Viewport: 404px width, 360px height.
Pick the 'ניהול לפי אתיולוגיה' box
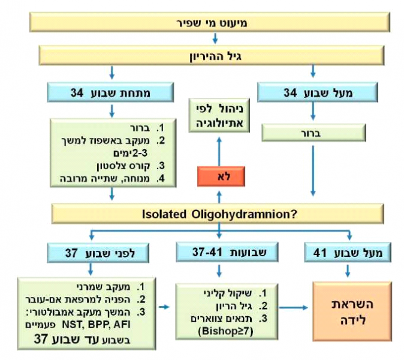[x=218, y=116]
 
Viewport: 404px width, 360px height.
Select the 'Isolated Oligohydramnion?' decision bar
[x=218, y=212]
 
